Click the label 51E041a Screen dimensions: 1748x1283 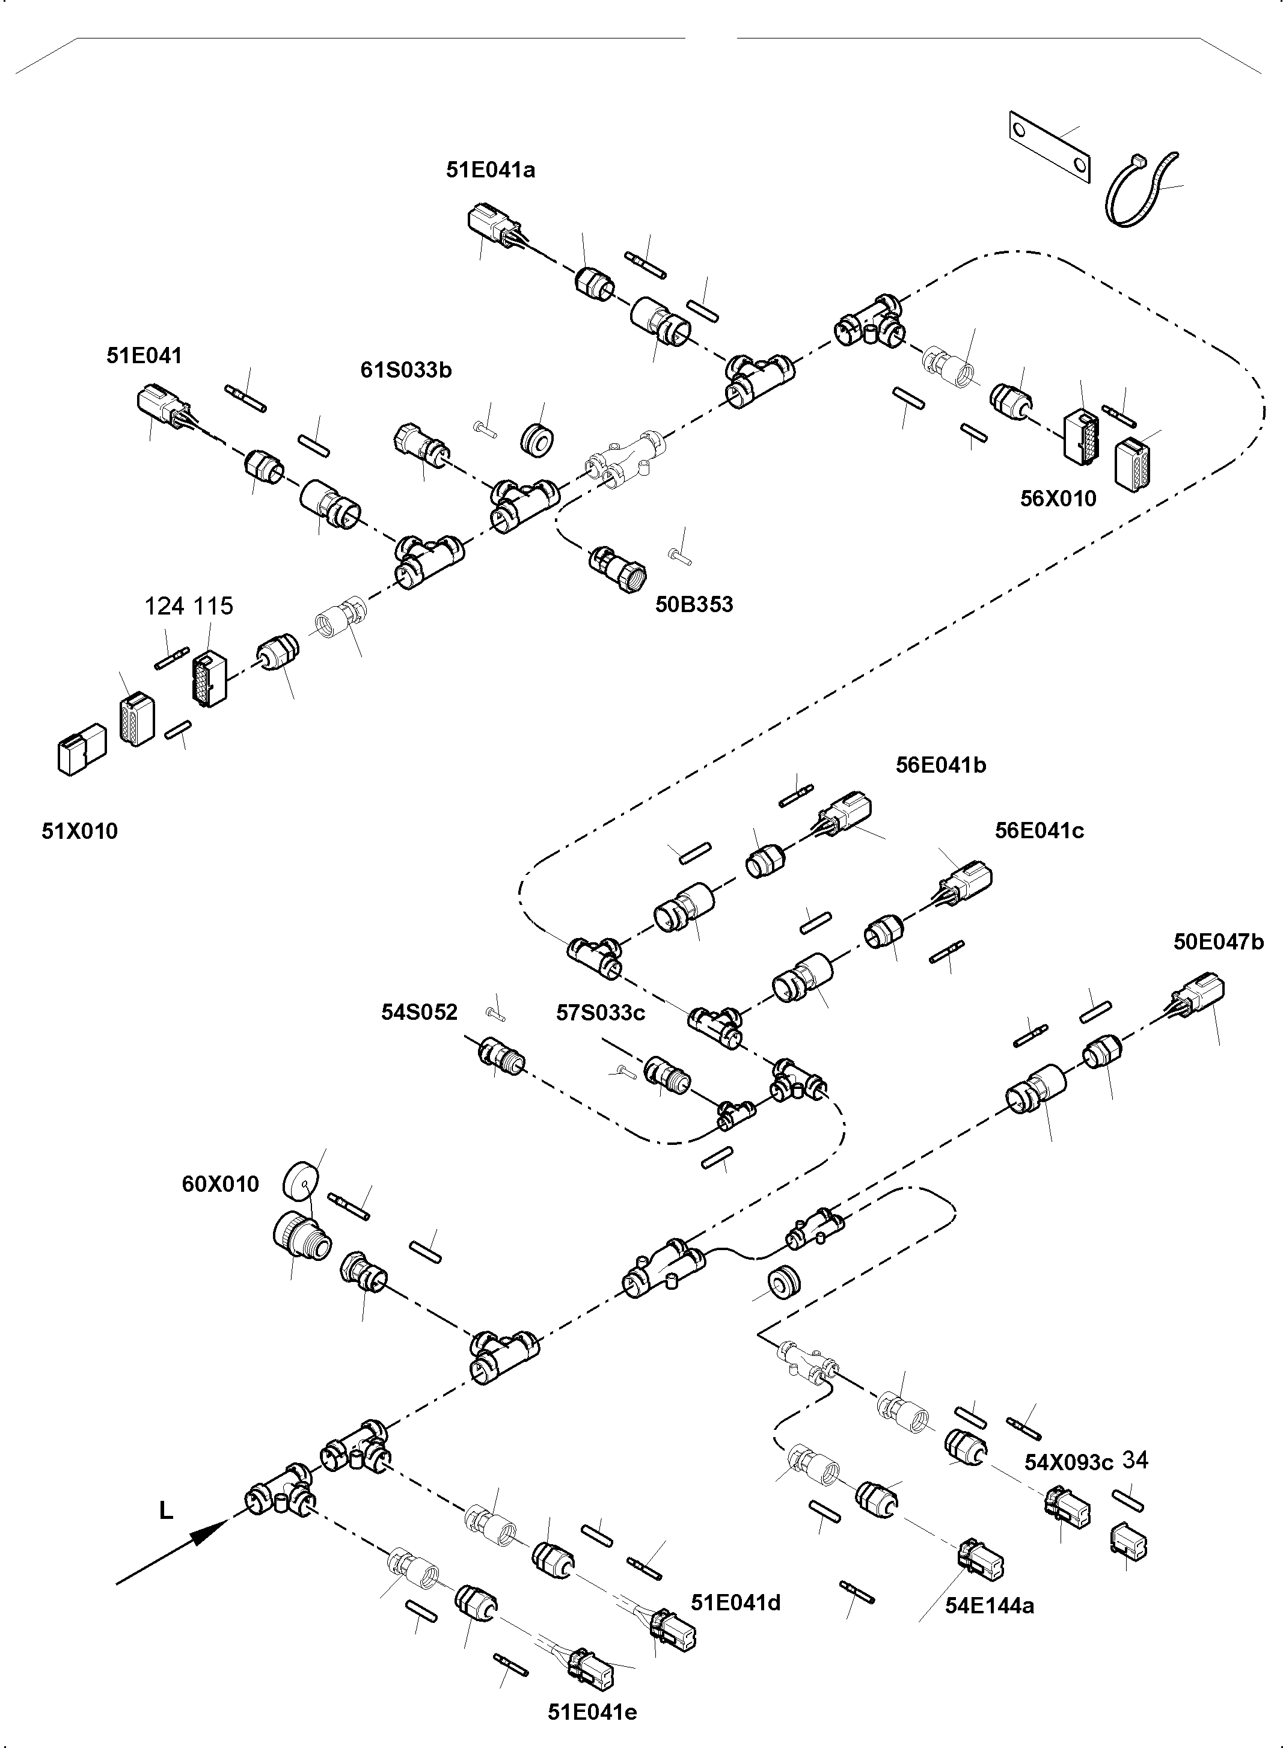[490, 170]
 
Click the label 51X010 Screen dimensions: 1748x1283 [80, 832]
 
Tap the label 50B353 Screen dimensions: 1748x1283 [694, 605]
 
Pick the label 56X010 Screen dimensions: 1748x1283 [1058, 498]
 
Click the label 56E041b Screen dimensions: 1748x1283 [940, 765]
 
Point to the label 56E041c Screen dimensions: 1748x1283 [1039, 830]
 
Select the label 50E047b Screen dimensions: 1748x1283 [1217, 942]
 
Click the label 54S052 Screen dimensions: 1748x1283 [420, 1013]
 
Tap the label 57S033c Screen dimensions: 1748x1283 [601, 1013]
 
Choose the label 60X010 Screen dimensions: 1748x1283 [220, 1184]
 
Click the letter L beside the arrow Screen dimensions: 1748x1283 [165, 1511]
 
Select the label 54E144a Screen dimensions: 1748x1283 [988, 1605]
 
